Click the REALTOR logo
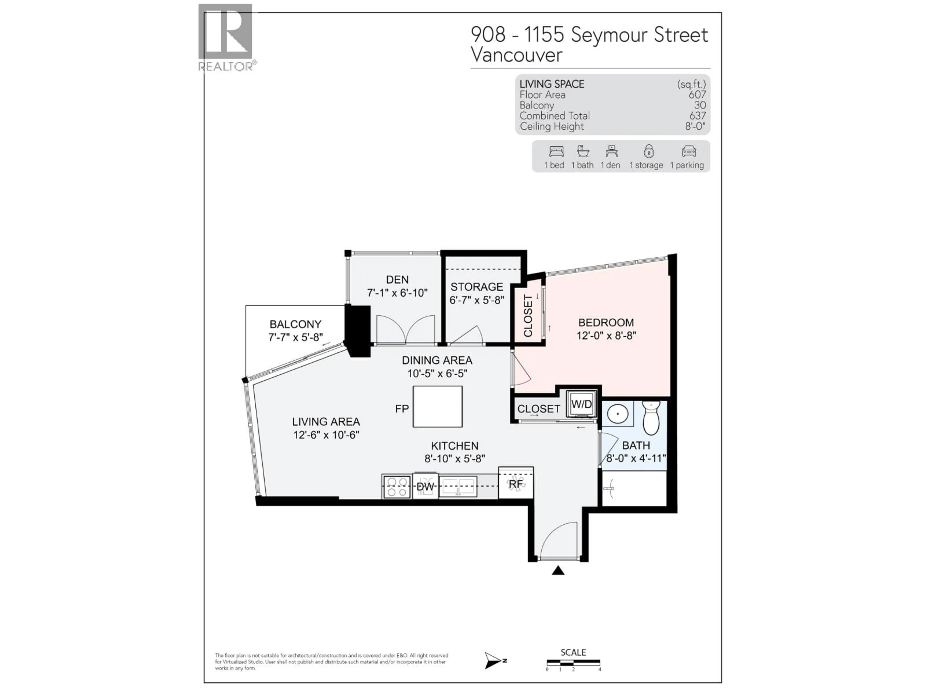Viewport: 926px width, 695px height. [x=226, y=37]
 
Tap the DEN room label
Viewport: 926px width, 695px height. [x=397, y=279]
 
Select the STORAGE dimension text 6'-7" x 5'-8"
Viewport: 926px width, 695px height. [x=477, y=300]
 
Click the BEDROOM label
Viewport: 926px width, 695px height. [x=606, y=323]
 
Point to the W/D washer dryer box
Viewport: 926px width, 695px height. [x=581, y=404]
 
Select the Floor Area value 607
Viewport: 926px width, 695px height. [x=697, y=95]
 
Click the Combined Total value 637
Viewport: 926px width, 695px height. [x=697, y=116]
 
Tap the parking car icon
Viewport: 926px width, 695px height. [x=689, y=151]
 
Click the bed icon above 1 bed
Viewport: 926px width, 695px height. [x=556, y=151]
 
